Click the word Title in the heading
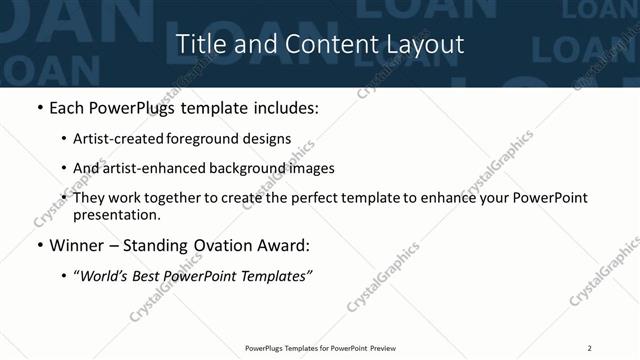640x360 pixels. click(198, 45)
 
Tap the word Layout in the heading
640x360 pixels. click(425, 45)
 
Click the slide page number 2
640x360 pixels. click(590, 348)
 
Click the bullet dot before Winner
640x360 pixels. click(40, 244)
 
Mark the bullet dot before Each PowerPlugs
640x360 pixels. click(40, 107)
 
